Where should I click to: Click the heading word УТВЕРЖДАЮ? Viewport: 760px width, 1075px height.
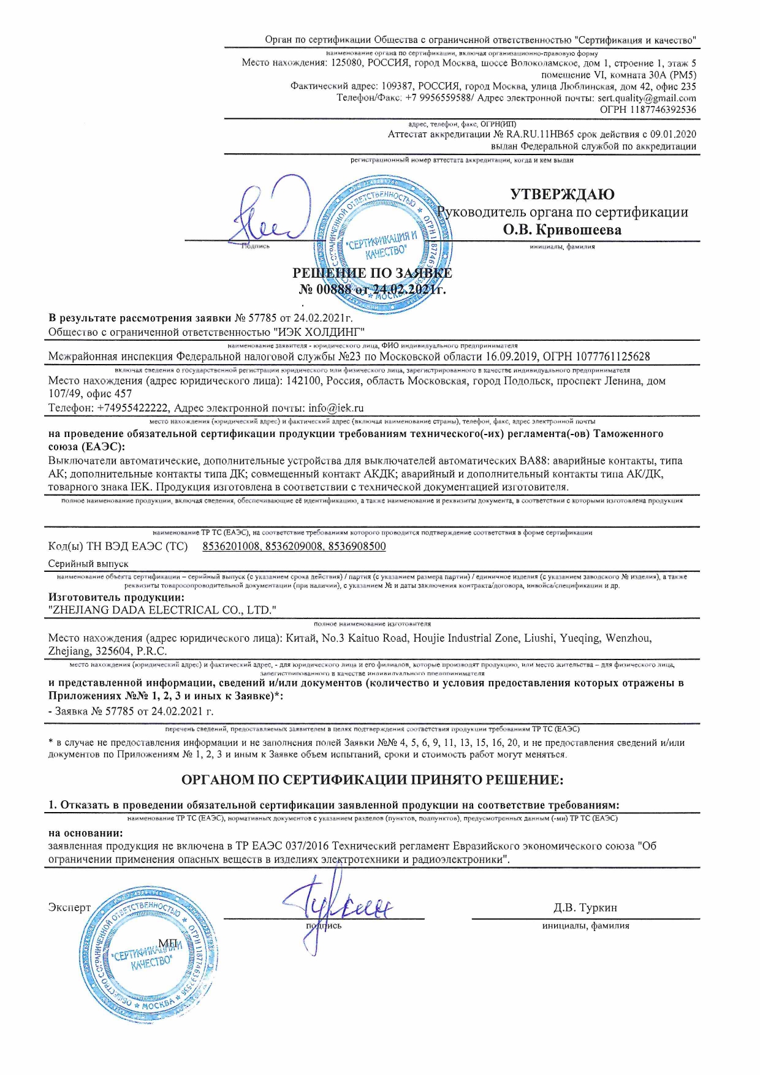tap(562, 194)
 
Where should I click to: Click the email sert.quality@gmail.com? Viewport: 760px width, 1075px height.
tap(647, 98)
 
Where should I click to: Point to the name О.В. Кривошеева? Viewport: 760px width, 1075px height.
tap(562, 230)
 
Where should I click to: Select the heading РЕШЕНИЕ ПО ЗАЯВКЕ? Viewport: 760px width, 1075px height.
tap(372, 273)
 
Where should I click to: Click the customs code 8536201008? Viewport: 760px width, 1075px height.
tap(231, 546)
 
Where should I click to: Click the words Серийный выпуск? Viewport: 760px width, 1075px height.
tap(88, 563)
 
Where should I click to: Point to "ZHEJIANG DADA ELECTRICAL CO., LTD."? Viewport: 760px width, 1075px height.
tap(162, 610)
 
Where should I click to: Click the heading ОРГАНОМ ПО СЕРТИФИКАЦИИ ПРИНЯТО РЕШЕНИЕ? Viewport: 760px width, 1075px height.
tap(372, 780)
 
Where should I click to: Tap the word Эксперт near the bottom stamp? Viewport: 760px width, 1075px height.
tap(69, 908)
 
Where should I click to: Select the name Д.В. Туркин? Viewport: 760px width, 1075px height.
tap(585, 908)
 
